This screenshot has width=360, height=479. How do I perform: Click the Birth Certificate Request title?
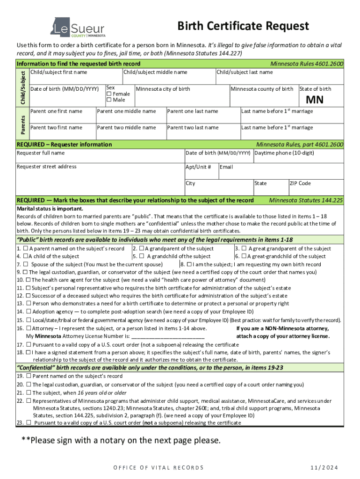[x=243, y=26]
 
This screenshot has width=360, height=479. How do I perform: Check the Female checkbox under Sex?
[x=109, y=94]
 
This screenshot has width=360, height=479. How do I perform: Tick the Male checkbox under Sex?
[x=109, y=100]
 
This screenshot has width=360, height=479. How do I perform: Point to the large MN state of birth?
[x=315, y=100]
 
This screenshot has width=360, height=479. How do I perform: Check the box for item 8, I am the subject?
[x=189, y=264]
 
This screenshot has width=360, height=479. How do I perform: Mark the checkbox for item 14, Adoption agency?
[x=29, y=312]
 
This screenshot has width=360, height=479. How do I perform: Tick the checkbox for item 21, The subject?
[x=29, y=393]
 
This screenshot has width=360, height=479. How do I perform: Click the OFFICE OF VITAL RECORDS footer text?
[x=158, y=468]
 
